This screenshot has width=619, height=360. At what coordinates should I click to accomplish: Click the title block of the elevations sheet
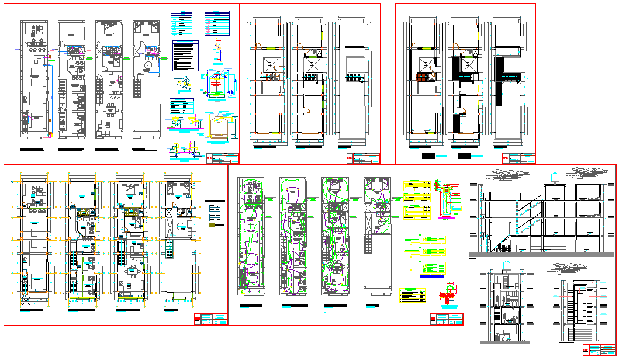(599, 350)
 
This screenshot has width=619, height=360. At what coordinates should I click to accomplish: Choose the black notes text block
(185, 56)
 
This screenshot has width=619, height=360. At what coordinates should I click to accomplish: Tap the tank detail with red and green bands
(217, 82)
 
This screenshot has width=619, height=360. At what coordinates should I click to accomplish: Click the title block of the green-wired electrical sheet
(446, 319)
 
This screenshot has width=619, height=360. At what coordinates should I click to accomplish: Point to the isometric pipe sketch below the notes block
(182, 84)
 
